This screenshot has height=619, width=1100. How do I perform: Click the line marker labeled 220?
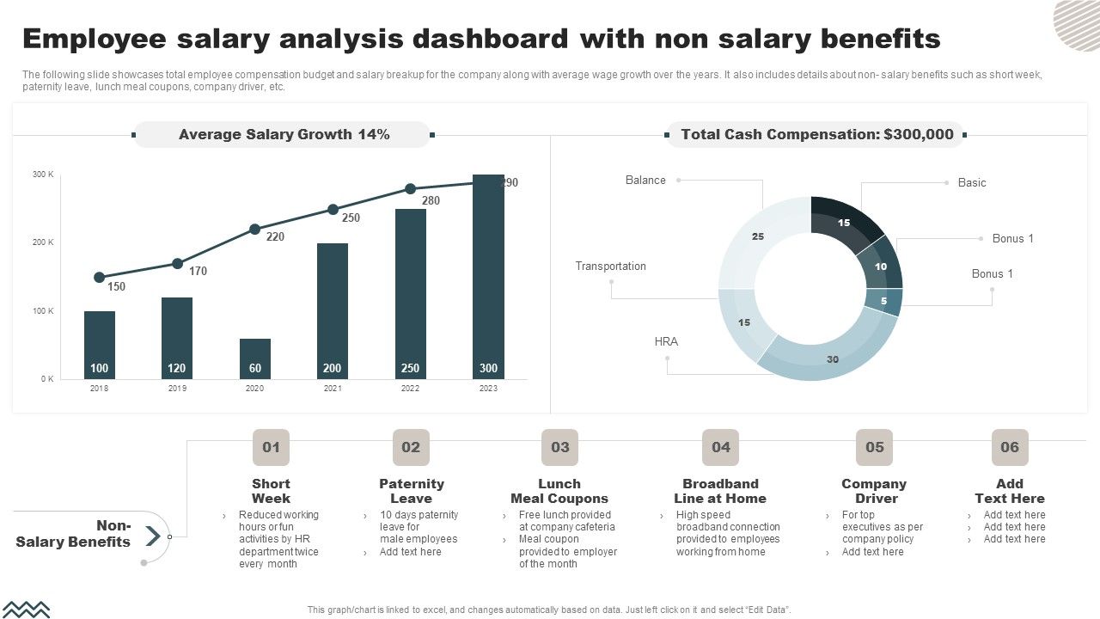tap(254, 230)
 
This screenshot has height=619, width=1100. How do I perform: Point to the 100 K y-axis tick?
tap(44, 311)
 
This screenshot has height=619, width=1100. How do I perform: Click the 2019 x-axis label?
tap(177, 389)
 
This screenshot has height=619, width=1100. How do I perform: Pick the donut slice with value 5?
tap(890, 302)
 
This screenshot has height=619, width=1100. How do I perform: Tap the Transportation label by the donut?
tap(610, 267)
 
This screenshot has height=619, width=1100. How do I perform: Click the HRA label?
tap(666, 342)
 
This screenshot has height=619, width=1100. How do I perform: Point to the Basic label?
tap(972, 183)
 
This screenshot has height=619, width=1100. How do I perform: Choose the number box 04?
tap(720, 447)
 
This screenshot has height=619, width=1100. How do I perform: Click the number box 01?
tap(271, 447)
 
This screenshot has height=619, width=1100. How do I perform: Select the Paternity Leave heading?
tap(412, 491)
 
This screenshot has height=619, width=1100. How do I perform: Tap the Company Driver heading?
tap(874, 491)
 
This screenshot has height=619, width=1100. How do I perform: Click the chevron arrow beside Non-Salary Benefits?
tap(152, 536)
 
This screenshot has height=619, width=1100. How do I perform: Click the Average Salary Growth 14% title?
tap(284, 135)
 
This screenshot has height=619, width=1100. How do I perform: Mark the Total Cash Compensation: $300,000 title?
tap(816, 135)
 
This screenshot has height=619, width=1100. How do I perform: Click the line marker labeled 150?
tap(100, 278)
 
